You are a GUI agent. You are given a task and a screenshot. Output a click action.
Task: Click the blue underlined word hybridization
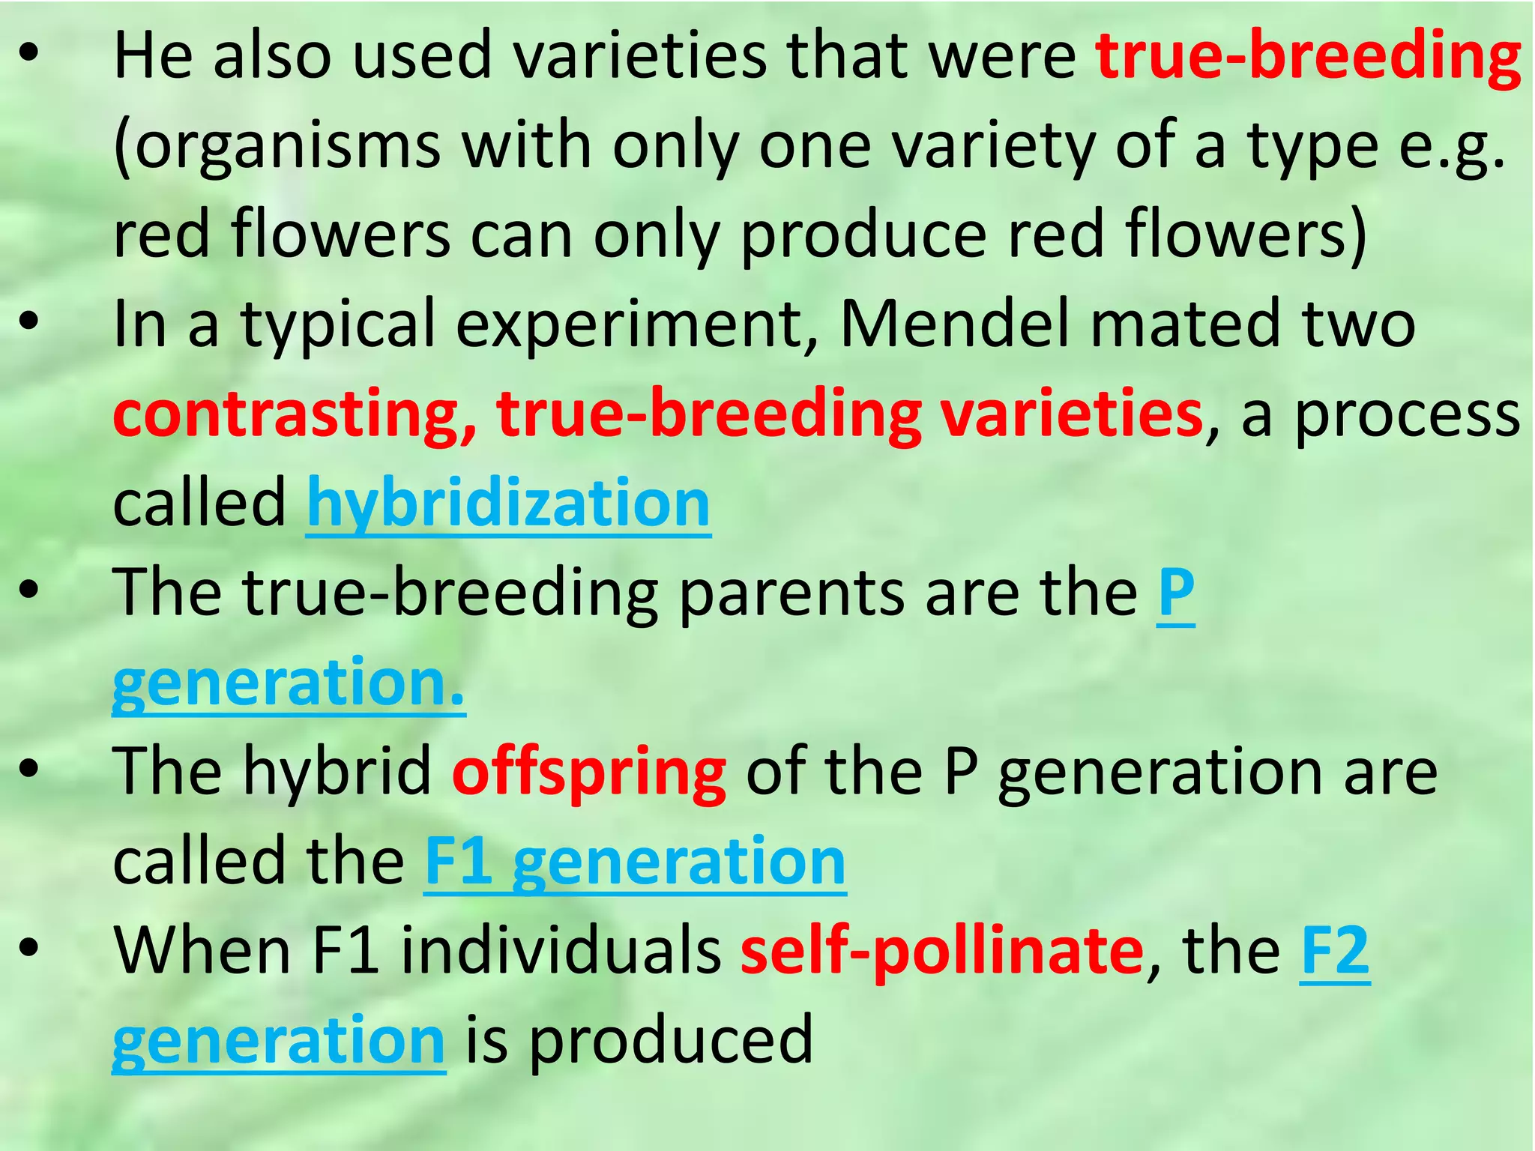click(x=508, y=504)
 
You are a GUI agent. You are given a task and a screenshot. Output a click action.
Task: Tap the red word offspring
click(x=589, y=772)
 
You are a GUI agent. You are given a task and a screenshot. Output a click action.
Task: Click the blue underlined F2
click(x=1335, y=950)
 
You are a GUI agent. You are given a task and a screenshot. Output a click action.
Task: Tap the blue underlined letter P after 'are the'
click(x=1175, y=592)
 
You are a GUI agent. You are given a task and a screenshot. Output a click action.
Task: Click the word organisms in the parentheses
click(x=288, y=146)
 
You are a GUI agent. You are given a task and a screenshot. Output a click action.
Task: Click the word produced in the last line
click(x=672, y=1039)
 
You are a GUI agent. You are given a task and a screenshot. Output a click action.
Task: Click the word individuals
click(x=561, y=950)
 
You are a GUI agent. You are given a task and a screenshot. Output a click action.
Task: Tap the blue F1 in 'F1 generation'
click(x=458, y=862)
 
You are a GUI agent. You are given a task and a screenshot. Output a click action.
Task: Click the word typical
click(x=337, y=324)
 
